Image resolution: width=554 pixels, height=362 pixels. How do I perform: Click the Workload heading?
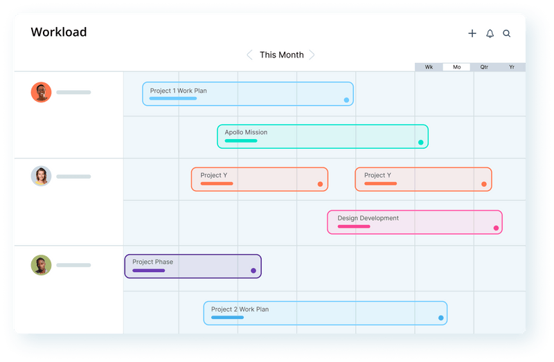(x=59, y=33)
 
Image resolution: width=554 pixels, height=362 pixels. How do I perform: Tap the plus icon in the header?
(x=472, y=33)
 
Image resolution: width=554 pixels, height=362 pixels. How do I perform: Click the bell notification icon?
(x=490, y=33)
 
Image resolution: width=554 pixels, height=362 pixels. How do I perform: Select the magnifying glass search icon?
(x=507, y=33)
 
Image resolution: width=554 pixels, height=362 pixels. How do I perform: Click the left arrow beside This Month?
(x=249, y=55)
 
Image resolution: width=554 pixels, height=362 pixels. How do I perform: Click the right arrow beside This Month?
(x=312, y=55)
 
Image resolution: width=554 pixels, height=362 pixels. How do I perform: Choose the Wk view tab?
(x=429, y=67)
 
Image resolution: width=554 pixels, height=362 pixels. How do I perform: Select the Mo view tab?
(x=457, y=67)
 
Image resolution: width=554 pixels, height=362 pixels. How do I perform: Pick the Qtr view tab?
(x=484, y=67)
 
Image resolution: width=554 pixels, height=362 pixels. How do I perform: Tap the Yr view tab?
(x=512, y=67)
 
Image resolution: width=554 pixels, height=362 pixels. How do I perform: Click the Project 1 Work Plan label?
(x=178, y=91)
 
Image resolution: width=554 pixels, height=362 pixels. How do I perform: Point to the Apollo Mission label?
(x=246, y=132)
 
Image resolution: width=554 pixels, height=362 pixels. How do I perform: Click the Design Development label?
(x=368, y=218)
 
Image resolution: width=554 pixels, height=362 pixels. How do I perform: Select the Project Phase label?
(x=152, y=262)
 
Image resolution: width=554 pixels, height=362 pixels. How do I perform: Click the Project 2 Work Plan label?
(x=240, y=309)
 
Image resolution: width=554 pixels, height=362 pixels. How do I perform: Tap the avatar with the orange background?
(x=42, y=92)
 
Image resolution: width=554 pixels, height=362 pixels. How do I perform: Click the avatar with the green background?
(x=42, y=265)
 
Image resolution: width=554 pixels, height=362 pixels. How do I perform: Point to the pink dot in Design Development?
(x=496, y=228)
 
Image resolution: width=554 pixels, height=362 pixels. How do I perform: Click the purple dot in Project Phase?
(x=253, y=271)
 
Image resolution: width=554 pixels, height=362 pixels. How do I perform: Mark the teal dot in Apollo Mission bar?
(x=420, y=143)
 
